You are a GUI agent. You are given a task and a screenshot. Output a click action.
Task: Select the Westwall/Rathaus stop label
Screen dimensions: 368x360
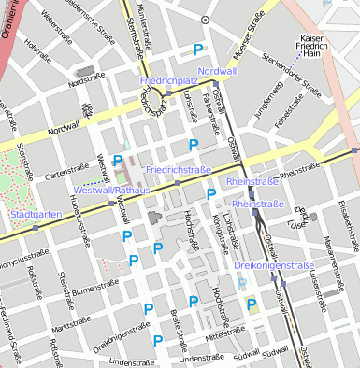(106, 190)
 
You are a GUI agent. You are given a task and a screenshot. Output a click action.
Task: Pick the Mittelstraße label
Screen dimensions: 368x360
(225, 332)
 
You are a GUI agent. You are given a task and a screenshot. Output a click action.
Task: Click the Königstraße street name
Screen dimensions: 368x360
(219, 225)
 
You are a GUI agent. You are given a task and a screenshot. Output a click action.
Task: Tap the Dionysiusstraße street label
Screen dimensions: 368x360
(23, 255)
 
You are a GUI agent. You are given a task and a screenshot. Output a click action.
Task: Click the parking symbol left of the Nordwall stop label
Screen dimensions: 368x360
(196, 50)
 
